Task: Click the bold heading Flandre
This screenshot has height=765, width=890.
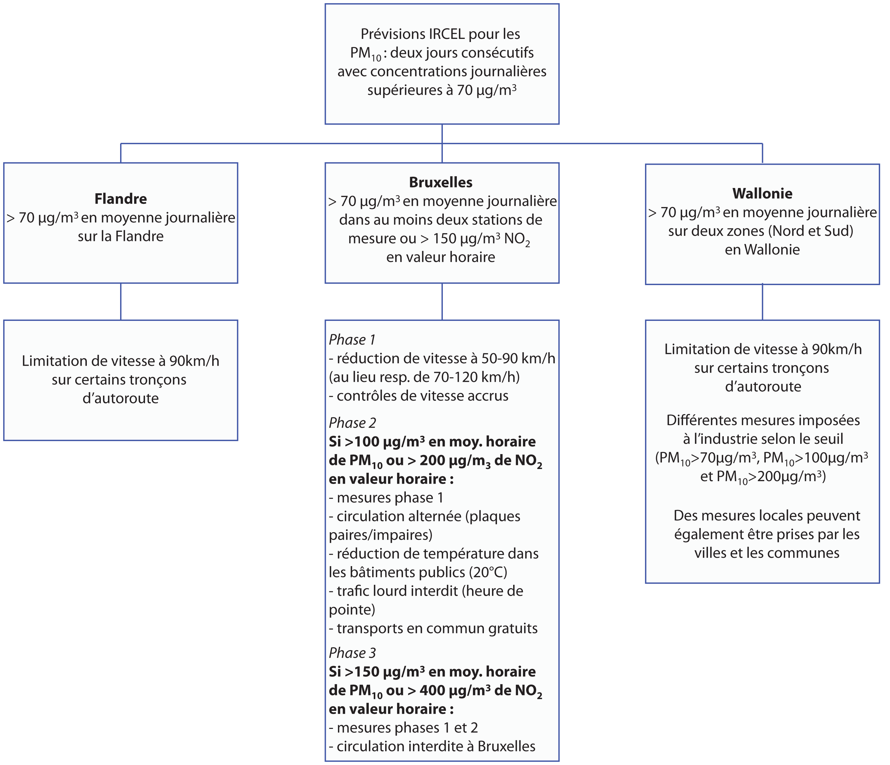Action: (x=121, y=199)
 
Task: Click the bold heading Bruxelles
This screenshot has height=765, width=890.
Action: (x=441, y=183)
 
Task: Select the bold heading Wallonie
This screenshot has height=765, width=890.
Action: (x=762, y=194)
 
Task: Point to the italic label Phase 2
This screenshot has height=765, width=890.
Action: (x=352, y=423)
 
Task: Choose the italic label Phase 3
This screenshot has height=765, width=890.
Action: (x=352, y=653)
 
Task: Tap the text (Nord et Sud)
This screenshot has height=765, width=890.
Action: (x=811, y=231)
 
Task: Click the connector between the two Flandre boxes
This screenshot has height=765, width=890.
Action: (x=121, y=302)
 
